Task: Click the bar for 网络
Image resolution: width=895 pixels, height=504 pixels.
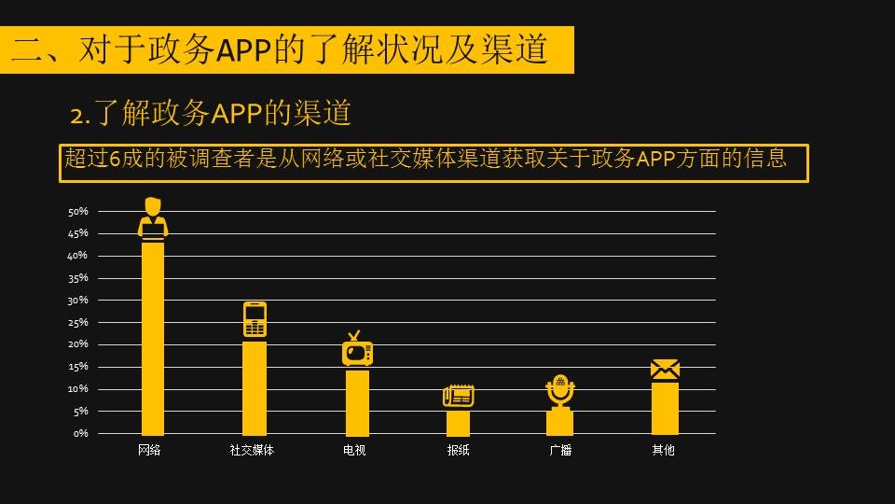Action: coord(153,338)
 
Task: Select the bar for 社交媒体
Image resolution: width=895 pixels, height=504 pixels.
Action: coord(255,387)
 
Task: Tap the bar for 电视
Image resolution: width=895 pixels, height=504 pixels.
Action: coord(357,402)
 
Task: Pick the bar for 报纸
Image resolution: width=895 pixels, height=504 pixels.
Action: coord(458,422)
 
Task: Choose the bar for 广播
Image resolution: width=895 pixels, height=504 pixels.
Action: coord(559,422)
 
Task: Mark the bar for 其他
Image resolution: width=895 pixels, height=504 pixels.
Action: coord(665,408)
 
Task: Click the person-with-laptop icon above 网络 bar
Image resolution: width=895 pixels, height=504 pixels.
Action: coord(153,218)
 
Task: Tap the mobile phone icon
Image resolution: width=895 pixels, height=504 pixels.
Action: coord(255,319)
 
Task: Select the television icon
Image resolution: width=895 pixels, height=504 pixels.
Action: coord(357,349)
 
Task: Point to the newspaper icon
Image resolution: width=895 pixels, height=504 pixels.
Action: coord(458,396)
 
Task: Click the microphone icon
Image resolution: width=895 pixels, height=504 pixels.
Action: coord(559,391)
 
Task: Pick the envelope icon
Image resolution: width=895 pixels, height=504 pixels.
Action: coord(665,369)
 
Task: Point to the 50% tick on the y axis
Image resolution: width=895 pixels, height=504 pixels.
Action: coord(78,212)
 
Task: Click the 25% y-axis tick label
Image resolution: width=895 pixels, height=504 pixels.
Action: coord(78,323)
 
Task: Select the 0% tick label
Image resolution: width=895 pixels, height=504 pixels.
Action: coord(81,434)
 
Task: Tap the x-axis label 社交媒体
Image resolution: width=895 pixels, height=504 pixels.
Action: coord(252,451)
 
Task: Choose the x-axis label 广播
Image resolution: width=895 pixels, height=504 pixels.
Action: coord(560,451)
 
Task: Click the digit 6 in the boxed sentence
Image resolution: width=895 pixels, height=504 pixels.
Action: coord(115,160)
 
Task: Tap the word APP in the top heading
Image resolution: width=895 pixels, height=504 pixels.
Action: coord(245,50)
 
